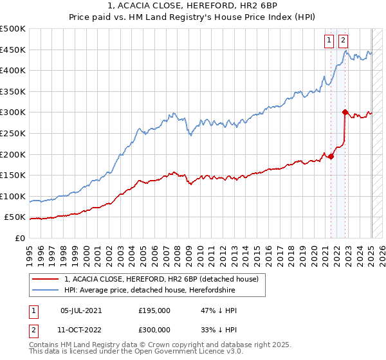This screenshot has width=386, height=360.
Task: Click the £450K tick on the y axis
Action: pos(13,50)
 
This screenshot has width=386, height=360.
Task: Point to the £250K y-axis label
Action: pos(13,133)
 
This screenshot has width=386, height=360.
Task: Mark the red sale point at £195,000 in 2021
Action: pos(331,156)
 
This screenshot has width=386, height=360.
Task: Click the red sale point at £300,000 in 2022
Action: pos(345,112)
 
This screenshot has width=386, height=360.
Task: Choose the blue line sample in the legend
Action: pos(46,291)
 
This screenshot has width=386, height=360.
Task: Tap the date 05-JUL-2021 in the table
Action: pos(80,310)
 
